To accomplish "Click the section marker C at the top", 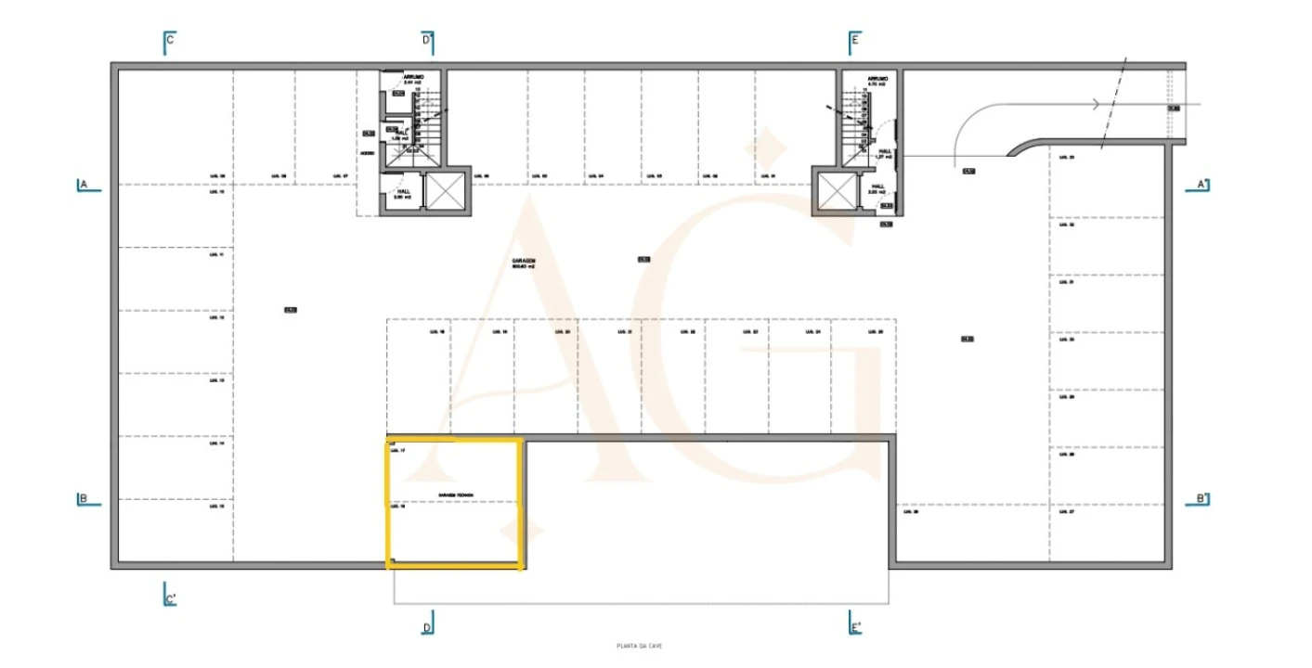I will [169, 41].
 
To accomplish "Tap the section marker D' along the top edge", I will [427, 41].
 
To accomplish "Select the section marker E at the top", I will [853, 41].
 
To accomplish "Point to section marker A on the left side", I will [84, 185].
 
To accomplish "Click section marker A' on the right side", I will [1201, 185].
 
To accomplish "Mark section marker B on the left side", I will [84, 499].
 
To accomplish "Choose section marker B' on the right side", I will [1201, 499].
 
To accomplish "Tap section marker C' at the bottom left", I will [170, 598].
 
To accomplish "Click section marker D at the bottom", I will [427, 627].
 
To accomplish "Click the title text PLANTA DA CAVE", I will [639, 647].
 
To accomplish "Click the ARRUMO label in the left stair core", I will [413, 78].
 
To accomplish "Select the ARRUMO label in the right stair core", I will [877, 79].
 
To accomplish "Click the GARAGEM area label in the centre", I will [524, 263].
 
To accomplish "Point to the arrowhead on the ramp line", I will [1098, 104].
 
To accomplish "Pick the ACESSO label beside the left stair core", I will [368, 153].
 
